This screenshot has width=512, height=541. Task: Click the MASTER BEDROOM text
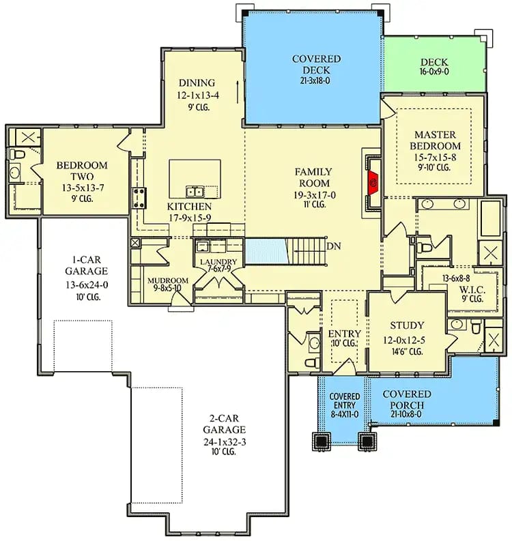435,140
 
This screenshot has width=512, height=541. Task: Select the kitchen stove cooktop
139,197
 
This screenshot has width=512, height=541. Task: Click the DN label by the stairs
334,246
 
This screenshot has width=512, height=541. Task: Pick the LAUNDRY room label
218,262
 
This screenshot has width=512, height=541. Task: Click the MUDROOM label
168,280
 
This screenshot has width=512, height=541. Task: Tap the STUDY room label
407,325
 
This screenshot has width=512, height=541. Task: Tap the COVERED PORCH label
406,395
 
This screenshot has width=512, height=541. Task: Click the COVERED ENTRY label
345,397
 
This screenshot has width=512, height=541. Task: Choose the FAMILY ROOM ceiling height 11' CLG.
313,204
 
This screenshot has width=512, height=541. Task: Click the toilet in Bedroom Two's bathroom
18,156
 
